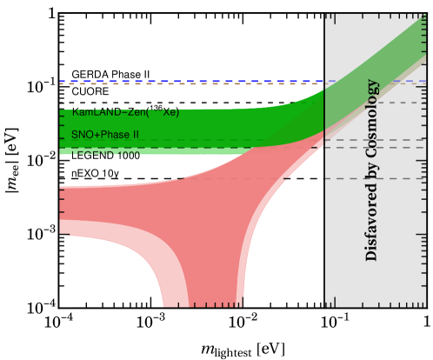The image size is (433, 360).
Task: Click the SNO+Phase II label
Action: (105, 135)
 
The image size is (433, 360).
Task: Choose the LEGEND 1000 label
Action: (105, 154)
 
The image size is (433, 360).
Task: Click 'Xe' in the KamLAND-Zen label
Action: (170, 112)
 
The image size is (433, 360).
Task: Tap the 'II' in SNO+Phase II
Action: (134, 135)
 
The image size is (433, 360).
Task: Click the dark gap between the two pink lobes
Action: (202, 278)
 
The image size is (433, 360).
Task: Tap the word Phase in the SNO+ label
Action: (110, 135)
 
